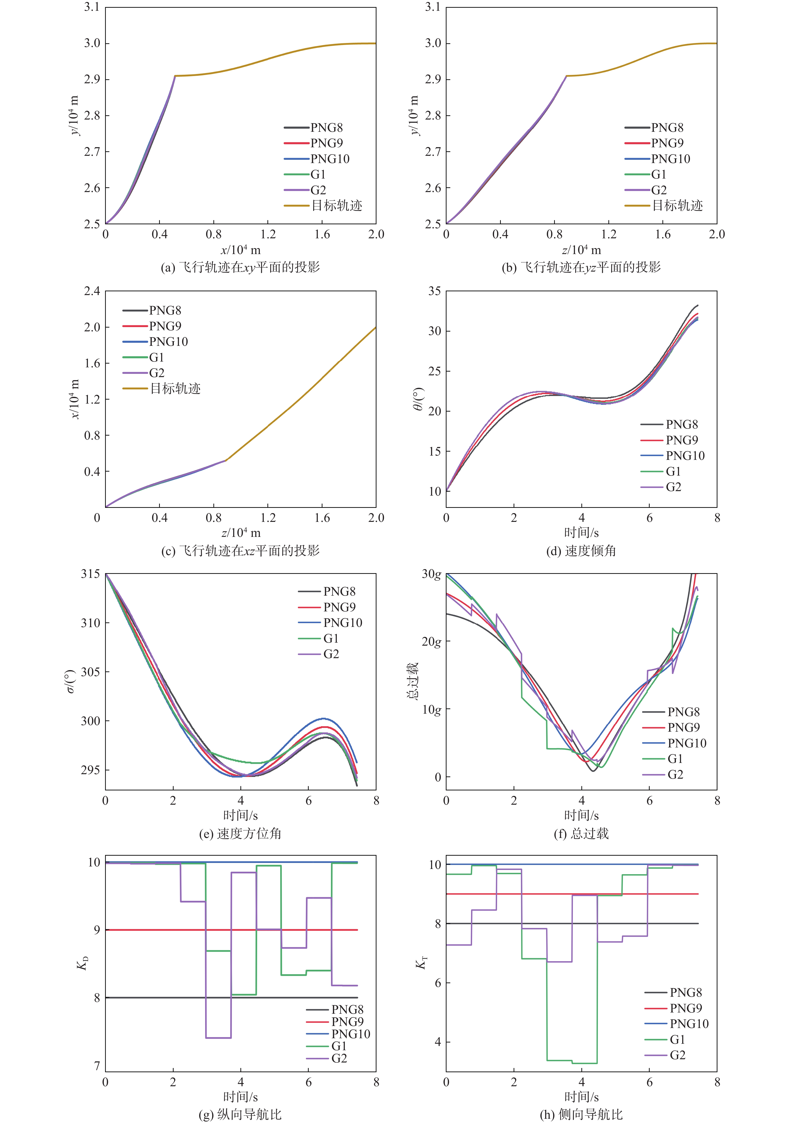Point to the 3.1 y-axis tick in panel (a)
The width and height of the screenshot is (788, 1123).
point(92,7)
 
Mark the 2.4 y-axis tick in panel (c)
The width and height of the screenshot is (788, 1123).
point(92,291)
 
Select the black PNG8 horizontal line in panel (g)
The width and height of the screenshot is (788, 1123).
point(147,997)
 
